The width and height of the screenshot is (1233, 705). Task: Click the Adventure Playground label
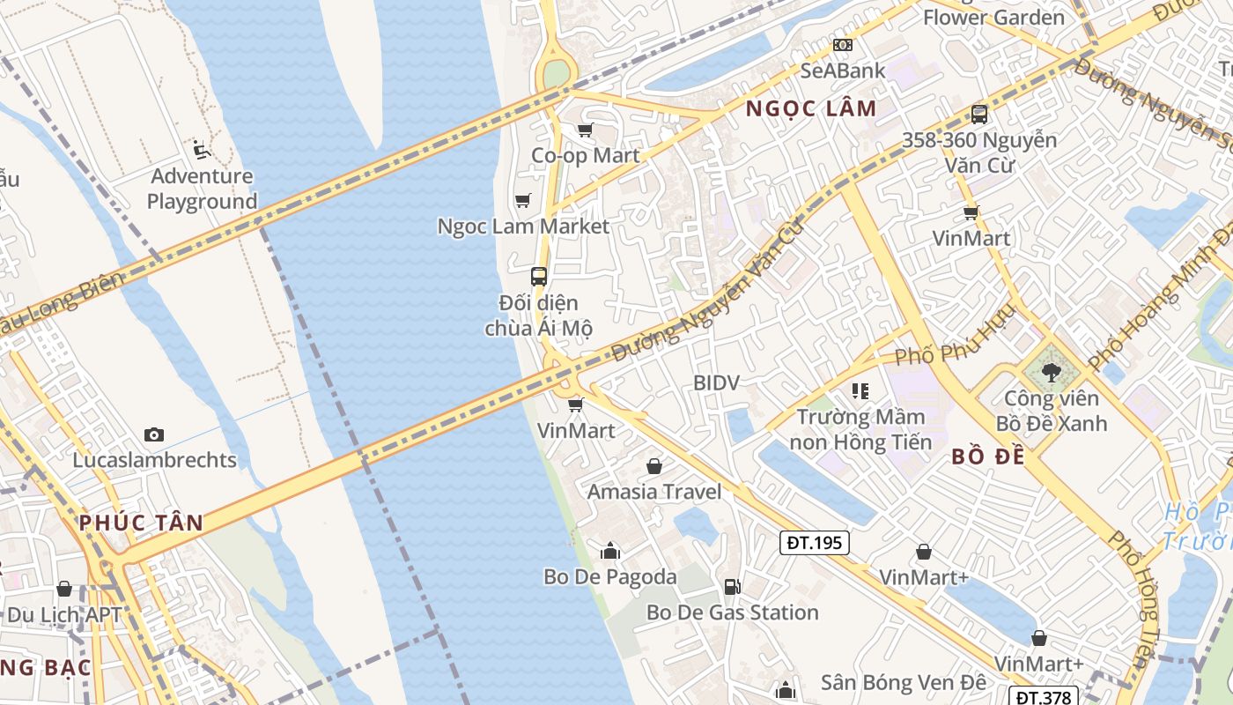[x=202, y=189]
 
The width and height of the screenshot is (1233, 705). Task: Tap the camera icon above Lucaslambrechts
[x=154, y=434]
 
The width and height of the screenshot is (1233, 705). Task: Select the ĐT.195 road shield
[x=815, y=543]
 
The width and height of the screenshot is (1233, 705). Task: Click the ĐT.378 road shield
[x=1044, y=697]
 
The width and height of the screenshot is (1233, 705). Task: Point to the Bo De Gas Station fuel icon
[x=731, y=587]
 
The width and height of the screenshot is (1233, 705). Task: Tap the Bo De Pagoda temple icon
[x=609, y=552]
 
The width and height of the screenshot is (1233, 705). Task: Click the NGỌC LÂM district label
[x=811, y=108]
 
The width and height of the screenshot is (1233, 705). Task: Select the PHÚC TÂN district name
[x=141, y=522]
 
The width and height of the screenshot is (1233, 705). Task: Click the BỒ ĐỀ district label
[x=988, y=457]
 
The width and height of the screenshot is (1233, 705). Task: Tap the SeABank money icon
[x=843, y=45]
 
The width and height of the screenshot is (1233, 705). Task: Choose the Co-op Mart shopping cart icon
[x=585, y=130]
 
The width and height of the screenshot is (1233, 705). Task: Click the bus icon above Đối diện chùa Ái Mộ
[x=539, y=276]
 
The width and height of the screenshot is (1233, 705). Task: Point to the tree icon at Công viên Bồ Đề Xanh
[x=1051, y=373]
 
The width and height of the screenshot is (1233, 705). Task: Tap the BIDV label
[x=716, y=382]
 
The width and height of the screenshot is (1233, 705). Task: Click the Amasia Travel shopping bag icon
[x=654, y=466]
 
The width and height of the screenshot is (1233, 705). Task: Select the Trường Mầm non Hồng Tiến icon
[x=860, y=390]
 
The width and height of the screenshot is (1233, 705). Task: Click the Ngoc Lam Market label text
[x=523, y=226]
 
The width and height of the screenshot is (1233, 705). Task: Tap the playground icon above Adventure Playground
[x=202, y=150]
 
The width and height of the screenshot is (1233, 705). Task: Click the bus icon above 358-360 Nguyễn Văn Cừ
[x=979, y=114]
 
